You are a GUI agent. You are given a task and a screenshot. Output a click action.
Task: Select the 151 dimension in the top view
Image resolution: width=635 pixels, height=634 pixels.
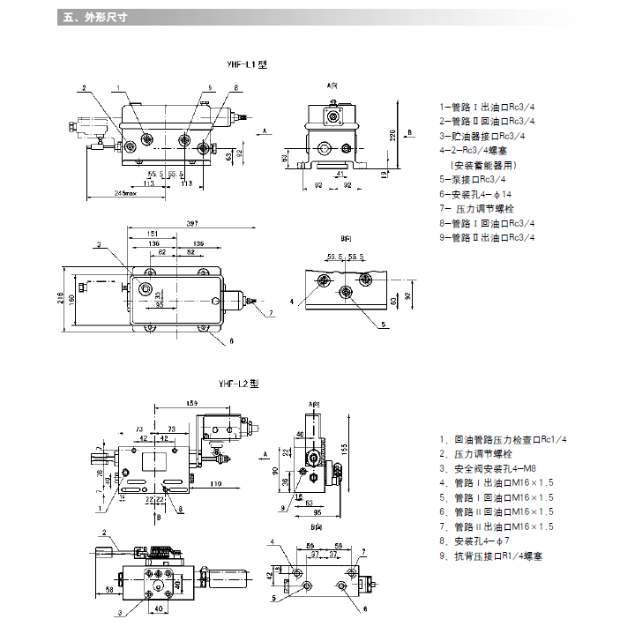(140, 234)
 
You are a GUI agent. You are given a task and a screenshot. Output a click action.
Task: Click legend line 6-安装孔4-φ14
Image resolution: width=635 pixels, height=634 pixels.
(475, 193)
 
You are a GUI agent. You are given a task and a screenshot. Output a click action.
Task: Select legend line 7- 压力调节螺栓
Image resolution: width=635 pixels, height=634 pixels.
(477, 208)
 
